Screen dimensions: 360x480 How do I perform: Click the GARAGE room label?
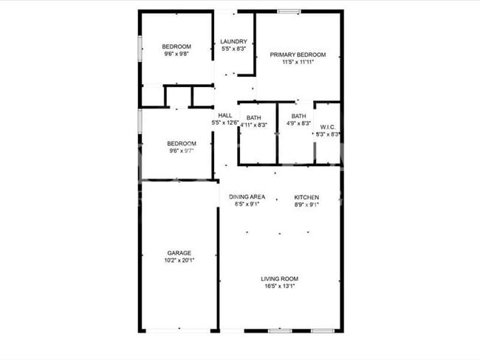coord(179,252)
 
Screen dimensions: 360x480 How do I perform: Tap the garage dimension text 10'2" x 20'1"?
coord(179,260)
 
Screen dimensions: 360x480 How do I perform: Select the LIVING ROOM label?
coord(280,278)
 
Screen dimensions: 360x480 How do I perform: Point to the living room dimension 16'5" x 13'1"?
coord(280,286)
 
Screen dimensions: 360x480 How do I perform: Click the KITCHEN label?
coord(306,197)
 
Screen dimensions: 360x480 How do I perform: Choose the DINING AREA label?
coord(247,197)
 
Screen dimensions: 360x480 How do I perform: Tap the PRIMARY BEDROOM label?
coord(298,55)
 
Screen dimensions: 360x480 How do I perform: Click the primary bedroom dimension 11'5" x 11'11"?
coord(298,63)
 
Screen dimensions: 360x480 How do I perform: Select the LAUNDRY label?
coord(234,41)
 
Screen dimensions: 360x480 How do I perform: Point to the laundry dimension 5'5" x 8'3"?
coord(234,49)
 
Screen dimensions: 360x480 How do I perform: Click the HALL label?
coord(225,115)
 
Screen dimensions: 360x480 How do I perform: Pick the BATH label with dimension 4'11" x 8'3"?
coord(254,117)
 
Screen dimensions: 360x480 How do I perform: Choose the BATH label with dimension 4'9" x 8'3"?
coord(298,116)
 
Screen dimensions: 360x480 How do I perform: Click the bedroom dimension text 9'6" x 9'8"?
coord(177,54)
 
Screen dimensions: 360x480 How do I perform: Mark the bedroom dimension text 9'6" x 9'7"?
coord(181,151)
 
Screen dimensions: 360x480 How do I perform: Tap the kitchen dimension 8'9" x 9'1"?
coord(306,205)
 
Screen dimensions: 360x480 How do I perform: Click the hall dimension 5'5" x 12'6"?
coord(224,123)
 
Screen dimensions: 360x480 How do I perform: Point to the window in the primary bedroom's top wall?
coord(289,11)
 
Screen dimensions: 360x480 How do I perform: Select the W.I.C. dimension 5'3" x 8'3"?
coord(327,134)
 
